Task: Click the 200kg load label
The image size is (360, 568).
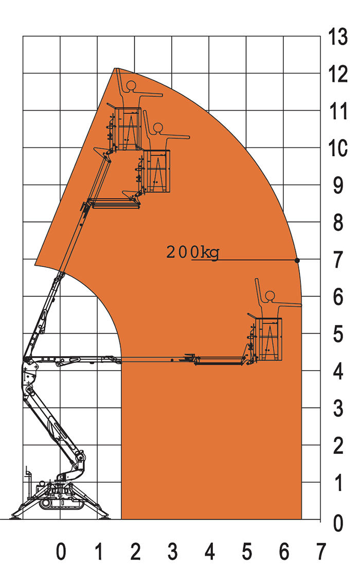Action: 192,252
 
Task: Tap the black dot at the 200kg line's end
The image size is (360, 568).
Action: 297,261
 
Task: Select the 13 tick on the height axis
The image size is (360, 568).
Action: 338,37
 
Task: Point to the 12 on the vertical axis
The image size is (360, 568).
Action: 338,74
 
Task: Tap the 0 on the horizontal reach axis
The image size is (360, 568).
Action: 61,552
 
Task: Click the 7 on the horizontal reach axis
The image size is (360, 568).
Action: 321,552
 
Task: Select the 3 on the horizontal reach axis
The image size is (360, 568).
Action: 173,552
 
